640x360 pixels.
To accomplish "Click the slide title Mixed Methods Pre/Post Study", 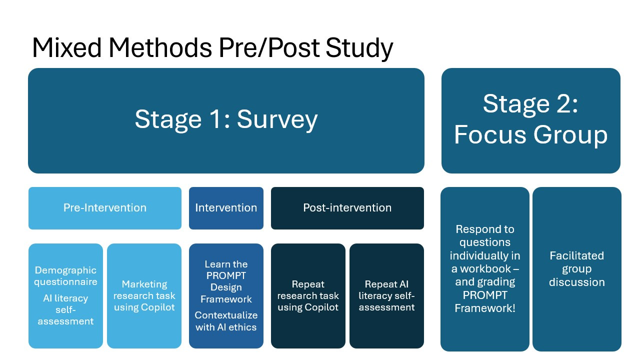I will [212, 48].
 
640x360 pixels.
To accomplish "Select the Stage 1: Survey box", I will [226, 120].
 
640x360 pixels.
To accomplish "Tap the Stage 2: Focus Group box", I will [530, 120].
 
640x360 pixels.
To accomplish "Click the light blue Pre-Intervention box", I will [105, 208].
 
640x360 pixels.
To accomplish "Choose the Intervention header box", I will [226, 208].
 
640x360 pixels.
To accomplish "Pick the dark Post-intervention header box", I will [347, 208].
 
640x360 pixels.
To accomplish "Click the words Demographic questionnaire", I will [66, 276].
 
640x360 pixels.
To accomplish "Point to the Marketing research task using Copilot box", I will [144, 295].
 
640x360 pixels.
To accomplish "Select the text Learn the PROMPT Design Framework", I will [226, 281].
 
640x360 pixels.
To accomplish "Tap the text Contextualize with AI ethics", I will [226, 321].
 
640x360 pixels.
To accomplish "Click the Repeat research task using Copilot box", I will [308, 295].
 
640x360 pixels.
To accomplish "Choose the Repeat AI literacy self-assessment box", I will [386, 295].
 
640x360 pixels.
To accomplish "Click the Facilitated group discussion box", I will [576, 269].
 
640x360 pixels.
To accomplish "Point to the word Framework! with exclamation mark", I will [484, 308].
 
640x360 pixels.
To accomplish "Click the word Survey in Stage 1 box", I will [277, 120].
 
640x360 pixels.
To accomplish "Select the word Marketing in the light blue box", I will [144, 284].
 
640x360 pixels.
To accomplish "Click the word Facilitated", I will [576, 256].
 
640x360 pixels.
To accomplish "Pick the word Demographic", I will [66, 270].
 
